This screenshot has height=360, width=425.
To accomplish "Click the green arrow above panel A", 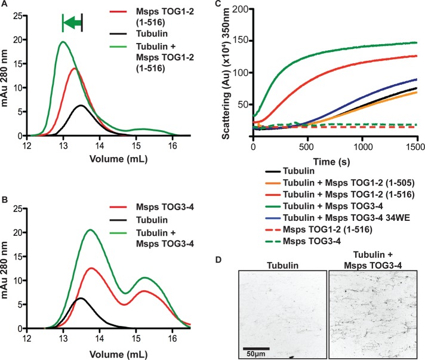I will click(72, 23).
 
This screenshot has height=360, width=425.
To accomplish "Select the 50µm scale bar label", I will click(257, 354).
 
